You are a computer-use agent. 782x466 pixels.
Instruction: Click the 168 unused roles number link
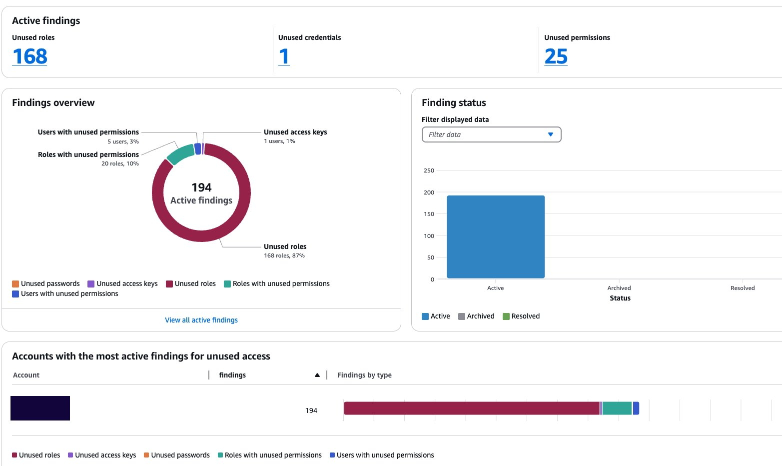[30, 56]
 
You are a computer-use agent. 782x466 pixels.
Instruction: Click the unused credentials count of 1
[284, 56]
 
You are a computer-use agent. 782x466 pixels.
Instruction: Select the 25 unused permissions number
[556, 56]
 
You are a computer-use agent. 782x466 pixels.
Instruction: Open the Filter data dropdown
[491, 134]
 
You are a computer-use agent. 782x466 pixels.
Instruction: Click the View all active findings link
[201, 320]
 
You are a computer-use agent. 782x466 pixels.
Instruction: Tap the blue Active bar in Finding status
[495, 236]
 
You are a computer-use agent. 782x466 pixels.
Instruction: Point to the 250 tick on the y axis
[429, 170]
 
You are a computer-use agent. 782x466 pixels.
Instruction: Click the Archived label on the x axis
[619, 288]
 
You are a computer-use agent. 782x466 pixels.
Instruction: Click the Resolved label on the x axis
[742, 288]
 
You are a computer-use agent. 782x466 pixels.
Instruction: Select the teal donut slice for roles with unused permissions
[180, 153]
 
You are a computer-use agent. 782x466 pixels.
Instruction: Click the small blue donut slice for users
[198, 149]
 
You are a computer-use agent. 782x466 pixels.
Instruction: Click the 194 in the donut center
[201, 187]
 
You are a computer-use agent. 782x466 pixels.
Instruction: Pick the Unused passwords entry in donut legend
[46, 283]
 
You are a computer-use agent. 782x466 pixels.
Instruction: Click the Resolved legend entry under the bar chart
[521, 316]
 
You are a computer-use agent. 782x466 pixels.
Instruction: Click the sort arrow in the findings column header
[317, 375]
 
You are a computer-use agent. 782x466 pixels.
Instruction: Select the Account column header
[26, 375]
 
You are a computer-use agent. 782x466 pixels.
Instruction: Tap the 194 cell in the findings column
[311, 410]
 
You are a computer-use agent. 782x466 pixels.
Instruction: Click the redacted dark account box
[40, 408]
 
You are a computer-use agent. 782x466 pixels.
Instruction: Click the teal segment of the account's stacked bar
[617, 408]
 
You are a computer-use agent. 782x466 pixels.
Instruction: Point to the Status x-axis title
[620, 298]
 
